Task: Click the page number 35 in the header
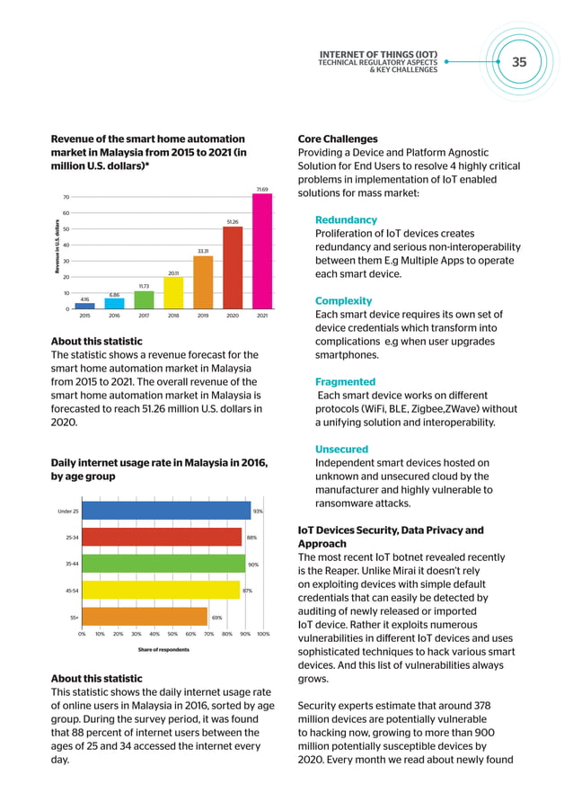click(x=519, y=62)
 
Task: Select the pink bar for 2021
click(x=261, y=252)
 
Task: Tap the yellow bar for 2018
click(x=173, y=292)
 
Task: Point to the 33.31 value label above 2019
click(x=203, y=251)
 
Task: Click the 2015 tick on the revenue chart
click(x=84, y=316)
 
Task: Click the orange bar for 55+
click(x=145, y=617)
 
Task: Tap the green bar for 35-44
click(x=163, y=564)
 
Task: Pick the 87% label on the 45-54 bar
click(x=247, y=591)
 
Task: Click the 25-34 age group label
click(x=72, y=538)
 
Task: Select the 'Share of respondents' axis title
click(x=163, y=649)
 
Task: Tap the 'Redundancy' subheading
click(x=346, y=220)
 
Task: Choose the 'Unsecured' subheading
click(x=341, y=449)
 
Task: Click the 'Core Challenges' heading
click(x=338, y=139)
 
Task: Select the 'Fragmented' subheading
click(x=345, y=381)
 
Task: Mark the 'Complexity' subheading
click(x=343, y=300)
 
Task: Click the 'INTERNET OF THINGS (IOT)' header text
click(x=378, y=54)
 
